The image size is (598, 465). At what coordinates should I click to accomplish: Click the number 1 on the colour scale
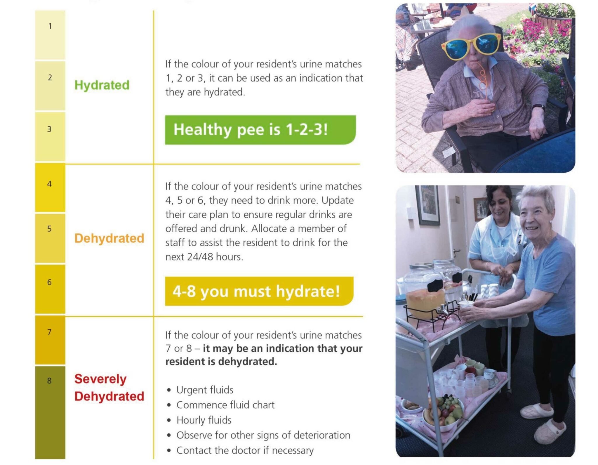click(50, 26)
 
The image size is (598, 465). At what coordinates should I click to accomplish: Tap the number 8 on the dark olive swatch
click(49, 381)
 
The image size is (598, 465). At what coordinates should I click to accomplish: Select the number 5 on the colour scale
click(49, 229)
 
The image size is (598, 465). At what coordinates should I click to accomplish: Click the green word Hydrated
click(102, 85)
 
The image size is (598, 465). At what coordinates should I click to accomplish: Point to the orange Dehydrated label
click(109, 238)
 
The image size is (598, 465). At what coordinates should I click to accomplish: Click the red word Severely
click(100, 379)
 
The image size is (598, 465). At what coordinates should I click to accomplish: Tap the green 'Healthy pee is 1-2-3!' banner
click(260, 130)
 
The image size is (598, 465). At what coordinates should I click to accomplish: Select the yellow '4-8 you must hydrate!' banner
click(259, 291)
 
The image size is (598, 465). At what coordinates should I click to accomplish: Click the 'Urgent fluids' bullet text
click(205, 390)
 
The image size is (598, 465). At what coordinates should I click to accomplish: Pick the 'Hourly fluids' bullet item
click(204, 420)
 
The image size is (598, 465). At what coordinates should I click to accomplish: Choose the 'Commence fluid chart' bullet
click(225, 405)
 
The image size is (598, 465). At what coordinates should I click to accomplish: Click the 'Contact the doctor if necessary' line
click(245, 450)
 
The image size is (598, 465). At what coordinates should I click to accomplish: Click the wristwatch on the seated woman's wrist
click(538, 107)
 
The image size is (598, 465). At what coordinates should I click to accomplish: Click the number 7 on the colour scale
click(49, 332)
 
